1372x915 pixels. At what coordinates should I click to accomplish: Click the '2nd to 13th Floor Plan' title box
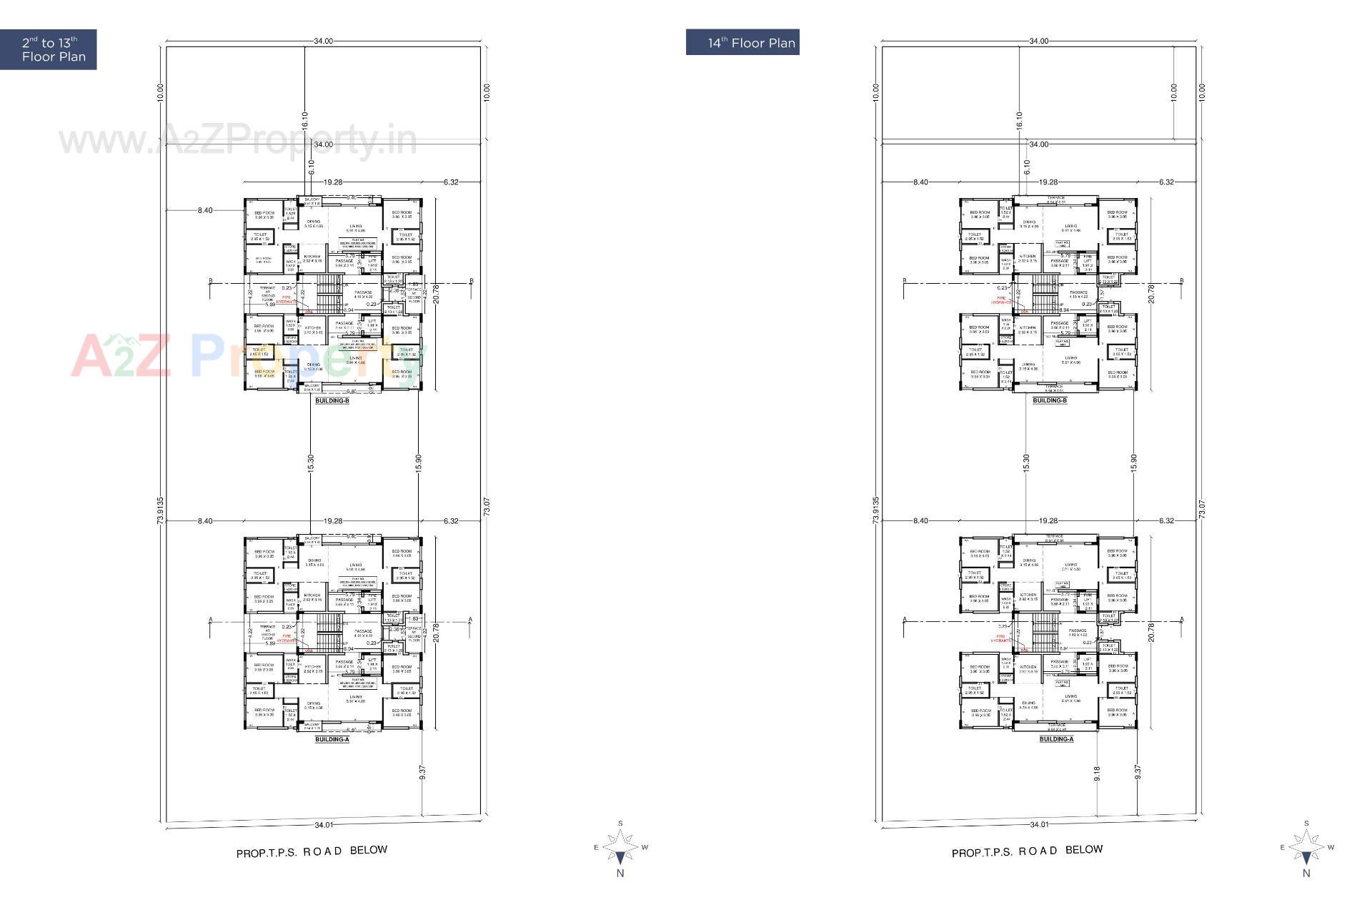[48, 49]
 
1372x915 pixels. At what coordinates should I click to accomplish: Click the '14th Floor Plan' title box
[742, 42]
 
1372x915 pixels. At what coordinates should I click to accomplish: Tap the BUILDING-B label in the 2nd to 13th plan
[332, 401]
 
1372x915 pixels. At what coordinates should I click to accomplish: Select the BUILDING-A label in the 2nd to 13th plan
[332, 739]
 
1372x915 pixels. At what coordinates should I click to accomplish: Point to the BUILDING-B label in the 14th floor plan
[1050, 401]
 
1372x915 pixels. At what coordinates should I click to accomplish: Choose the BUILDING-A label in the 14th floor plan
[1056, 739]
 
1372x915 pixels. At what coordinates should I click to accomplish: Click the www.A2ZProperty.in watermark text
[237, 140]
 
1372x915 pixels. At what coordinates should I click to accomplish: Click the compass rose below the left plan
[620, 847]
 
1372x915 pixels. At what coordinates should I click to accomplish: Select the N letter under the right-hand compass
[1306, 873]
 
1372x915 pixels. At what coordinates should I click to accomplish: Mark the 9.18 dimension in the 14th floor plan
[1097, 773]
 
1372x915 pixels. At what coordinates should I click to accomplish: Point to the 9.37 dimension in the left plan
[422, 773]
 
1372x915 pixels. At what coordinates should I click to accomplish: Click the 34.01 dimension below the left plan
[324, 825]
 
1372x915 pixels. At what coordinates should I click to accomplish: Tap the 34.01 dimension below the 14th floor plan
[1039, 824]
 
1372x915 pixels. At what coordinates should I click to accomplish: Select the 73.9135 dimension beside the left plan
[160, 511]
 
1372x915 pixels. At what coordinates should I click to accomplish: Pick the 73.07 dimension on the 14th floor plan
[1201, 509]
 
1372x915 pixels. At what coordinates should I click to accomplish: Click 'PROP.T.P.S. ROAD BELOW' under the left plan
[312, 851]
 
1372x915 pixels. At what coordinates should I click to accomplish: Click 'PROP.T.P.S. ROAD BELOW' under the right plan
[1027, 851]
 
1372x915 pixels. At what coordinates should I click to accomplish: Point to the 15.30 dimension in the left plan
[310, 463]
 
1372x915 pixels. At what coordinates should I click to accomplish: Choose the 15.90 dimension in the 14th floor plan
[1133, 463]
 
